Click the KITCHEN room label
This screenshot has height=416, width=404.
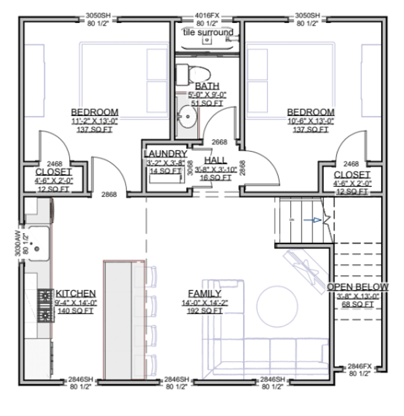tap(75, 293)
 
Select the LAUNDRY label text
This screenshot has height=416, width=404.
tap(165, 154)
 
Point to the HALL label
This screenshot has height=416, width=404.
tap(215, 160)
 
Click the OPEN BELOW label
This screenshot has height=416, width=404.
tap(358, 287)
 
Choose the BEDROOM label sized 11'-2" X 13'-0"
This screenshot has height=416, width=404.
tap(94, 112)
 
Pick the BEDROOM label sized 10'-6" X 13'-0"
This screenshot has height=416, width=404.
tap(310, 112)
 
